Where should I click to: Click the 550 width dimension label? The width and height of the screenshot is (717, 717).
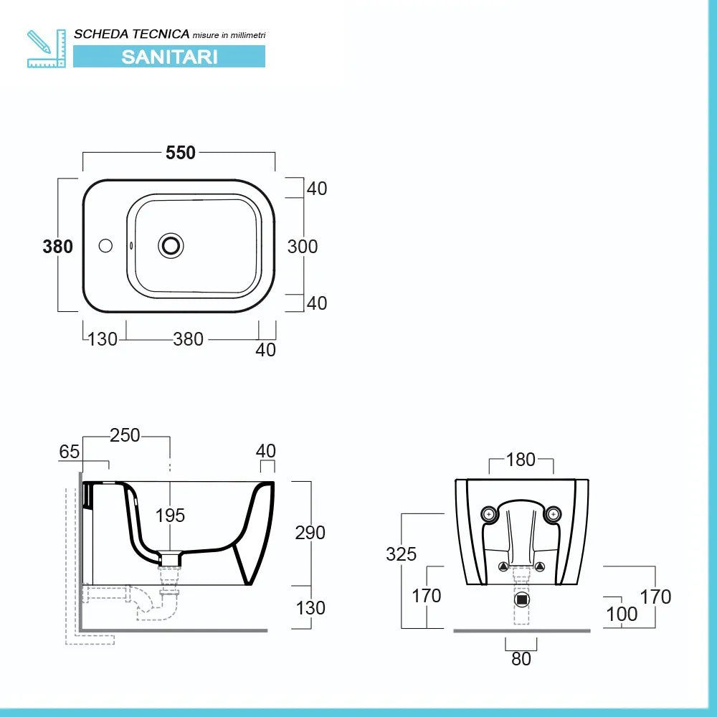click(x=181, y=153)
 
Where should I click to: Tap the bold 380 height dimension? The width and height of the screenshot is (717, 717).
click(x=58, y=247)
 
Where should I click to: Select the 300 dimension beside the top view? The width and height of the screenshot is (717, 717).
click(x=303, y=247)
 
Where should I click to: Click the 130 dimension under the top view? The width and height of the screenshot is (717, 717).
click(x=103, y=339)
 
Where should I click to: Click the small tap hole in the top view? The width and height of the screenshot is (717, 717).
click(x=105, y=246)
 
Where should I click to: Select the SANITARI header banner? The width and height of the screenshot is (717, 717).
click(x=169, y=57)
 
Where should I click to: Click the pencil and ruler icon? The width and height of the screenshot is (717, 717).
click(x=47, y=49)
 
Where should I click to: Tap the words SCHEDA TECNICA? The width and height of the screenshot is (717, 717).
click(x=132, y=34)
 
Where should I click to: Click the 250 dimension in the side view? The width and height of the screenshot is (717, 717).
click(x=125, y=435)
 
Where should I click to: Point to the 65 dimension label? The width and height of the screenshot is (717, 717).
click(x=70, y=452)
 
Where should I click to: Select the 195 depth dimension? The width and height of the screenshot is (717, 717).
click(x=171, y=515)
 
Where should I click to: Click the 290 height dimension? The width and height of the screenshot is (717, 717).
click(x=310, y=533)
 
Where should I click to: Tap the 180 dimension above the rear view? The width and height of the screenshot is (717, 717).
click(x=521, y=459)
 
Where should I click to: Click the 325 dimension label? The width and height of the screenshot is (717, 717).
click(x=401, y=554)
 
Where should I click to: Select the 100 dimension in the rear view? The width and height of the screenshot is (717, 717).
click(x=622, y=614)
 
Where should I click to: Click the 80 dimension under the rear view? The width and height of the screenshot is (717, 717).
click(x=521, y=658)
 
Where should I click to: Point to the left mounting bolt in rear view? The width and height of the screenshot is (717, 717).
click(x=489, y=513)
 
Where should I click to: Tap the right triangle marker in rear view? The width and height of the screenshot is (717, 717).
click(x=539, y=567)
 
